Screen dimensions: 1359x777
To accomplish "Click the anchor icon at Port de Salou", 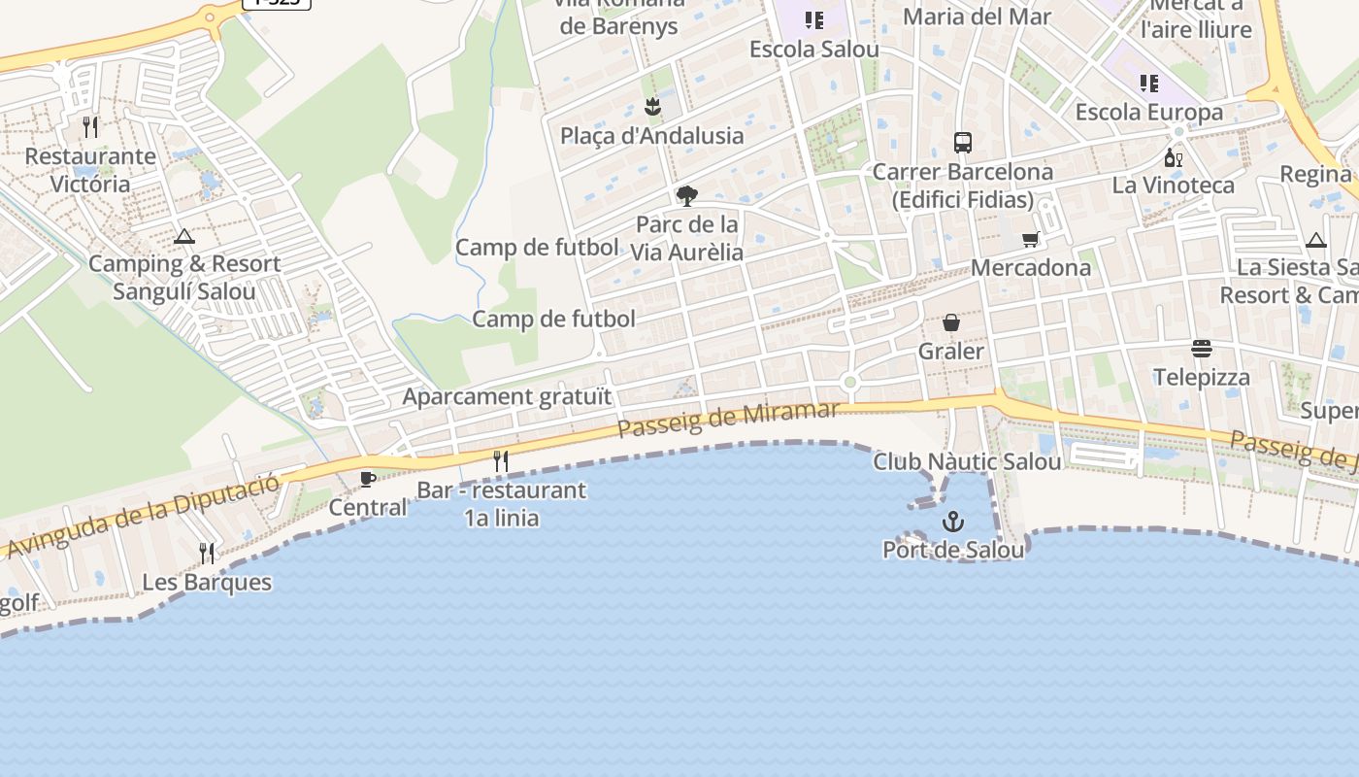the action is click(953, 522).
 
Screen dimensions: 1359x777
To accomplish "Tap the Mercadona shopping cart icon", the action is click(1030, 239).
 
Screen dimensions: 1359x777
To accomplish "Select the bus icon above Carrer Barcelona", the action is click(962, 143).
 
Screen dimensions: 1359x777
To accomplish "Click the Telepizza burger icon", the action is click(1202, 349).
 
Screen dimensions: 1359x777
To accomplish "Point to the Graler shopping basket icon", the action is click(951, 322).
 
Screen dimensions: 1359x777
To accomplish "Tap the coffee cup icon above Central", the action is click(367, 479).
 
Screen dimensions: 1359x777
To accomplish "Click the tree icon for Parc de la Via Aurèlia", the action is click(687, 196).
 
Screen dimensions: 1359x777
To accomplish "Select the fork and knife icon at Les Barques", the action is click(207, 554).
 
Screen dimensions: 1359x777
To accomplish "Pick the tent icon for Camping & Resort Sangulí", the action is click(184, 236).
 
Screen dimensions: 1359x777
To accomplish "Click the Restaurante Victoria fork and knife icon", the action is click(90, 127).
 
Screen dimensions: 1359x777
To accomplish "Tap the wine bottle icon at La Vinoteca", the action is click(1173, 157).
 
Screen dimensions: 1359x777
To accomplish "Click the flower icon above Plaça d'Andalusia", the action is click(652, 107).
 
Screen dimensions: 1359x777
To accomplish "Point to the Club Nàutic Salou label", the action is click(967, 461).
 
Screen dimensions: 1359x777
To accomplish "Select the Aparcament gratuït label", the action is click(508, 396).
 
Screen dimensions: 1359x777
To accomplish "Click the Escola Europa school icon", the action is click(1149, 84).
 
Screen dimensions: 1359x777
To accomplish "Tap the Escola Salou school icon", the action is click(813, 20).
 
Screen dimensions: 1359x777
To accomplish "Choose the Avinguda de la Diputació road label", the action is click(146, 515).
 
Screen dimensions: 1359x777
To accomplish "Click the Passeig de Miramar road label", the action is click(728, 419).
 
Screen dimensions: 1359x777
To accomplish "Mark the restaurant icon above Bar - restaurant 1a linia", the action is click(501, 461).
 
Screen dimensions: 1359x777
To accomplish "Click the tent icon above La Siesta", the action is click(1315, 240).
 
